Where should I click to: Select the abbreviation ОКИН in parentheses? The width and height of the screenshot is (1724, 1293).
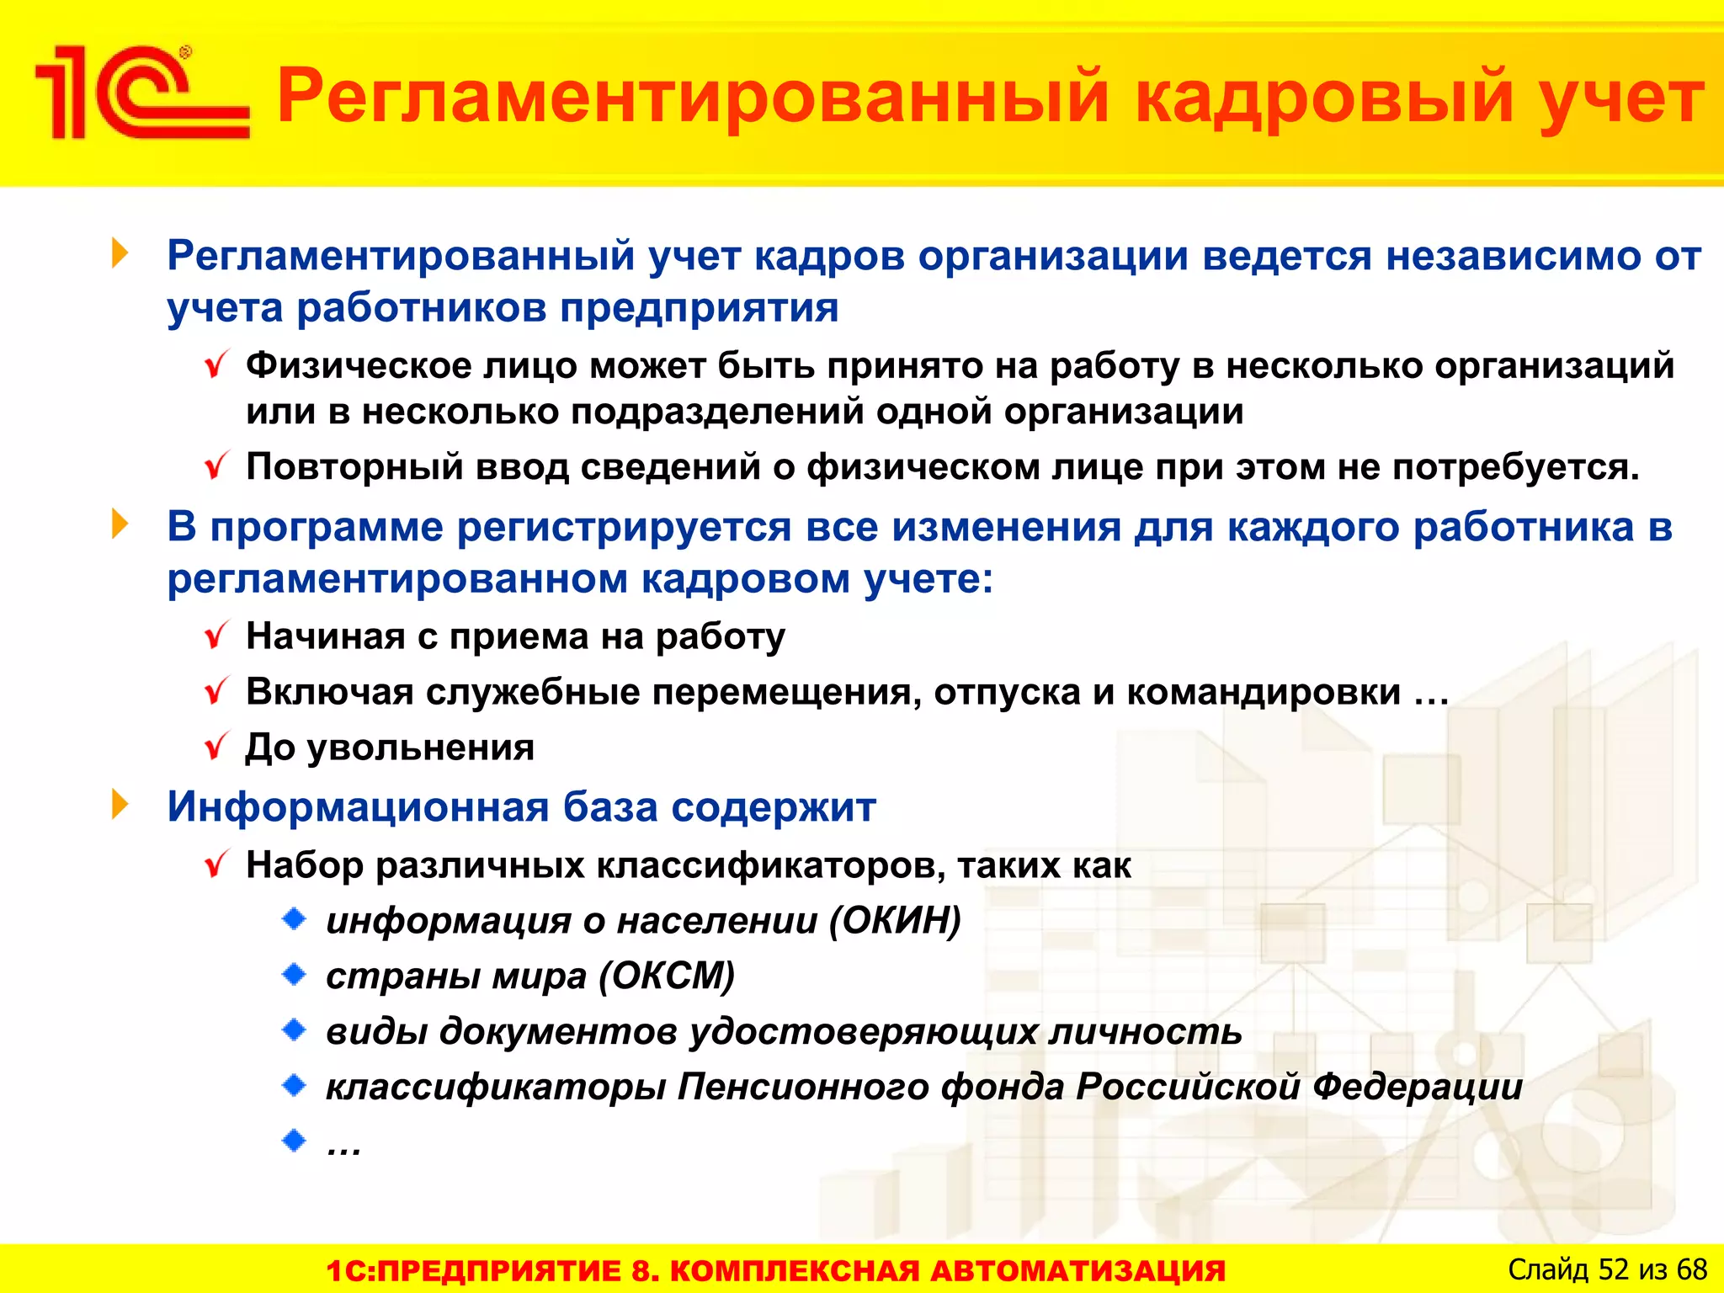(x=894, y=920)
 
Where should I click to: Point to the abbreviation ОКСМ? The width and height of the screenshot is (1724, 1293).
(x=667, y=976)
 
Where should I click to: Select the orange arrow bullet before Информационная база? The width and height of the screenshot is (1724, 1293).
(x=120, y=805)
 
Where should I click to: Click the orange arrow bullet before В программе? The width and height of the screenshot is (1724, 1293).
(x=120, y=524)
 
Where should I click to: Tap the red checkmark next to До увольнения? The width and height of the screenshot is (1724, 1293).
(x=216, y=746)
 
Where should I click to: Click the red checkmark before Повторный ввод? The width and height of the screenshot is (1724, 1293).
(x=216, y=466)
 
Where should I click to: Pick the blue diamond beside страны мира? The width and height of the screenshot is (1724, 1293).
(x=294, y=975)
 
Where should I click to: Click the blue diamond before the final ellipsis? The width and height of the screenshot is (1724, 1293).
(x=294, y=1141)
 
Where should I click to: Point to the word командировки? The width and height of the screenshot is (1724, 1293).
(x=1264, y=692)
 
